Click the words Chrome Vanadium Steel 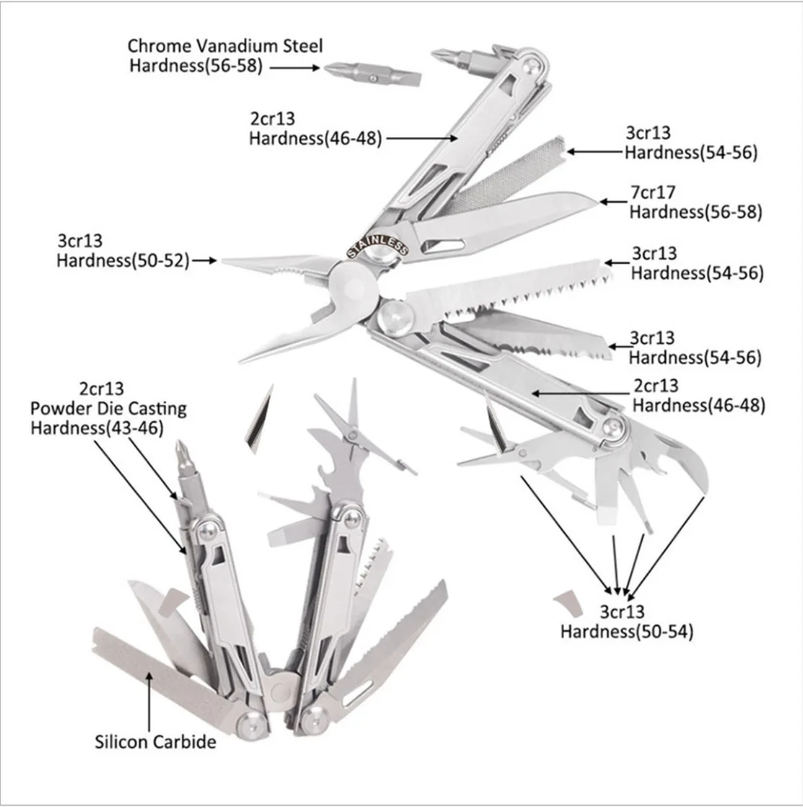point(225,46)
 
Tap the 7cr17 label point(653,193)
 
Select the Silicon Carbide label point(156,741)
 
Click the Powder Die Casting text point(108,408)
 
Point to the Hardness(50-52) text point(123,260)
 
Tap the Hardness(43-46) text point(97,428)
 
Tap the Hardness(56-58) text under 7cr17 point(695,212)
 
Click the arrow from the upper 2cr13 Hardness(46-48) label point(419,137)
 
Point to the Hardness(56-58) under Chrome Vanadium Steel point(196,66)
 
